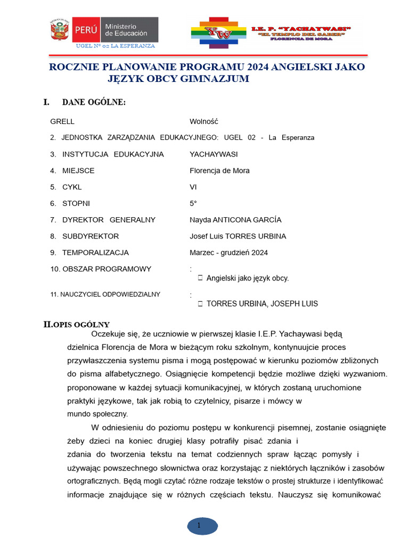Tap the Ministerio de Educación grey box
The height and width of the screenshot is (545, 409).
[129, 30]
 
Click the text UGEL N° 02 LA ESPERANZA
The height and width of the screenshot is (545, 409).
[116, 46]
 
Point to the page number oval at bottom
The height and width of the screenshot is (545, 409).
[202, 526]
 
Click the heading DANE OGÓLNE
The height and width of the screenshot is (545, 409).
[94, 102]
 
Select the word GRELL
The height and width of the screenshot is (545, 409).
[62, 121]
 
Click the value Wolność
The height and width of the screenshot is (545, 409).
[204, 121]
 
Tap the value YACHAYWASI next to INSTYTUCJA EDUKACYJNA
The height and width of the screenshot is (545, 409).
[214, 154]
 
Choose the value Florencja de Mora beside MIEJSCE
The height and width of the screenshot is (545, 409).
[219, 171]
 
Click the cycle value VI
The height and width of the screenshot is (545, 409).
[193, 187]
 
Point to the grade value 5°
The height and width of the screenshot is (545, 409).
[193, 203]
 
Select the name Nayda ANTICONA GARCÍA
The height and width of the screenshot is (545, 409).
[235, 220]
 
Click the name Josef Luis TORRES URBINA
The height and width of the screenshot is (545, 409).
[238, 236]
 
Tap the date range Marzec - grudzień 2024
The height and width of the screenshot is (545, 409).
[228, 253]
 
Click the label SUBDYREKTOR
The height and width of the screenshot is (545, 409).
[90, 236]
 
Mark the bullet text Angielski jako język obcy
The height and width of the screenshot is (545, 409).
[247, 278]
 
